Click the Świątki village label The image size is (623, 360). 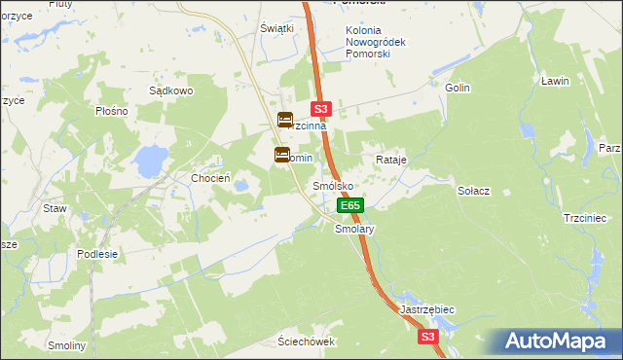[276, 28]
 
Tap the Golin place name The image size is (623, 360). [458, 88]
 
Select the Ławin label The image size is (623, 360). [555, 81]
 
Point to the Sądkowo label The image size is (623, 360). [171, 90]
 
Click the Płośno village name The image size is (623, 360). [112, 111]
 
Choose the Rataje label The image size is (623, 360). [390, 159]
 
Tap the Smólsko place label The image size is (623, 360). [331, 185]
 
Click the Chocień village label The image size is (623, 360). [210, 178]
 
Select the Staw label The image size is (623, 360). [54, 208]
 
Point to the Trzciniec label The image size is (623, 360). [585, 218]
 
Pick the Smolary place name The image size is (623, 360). [354, 230]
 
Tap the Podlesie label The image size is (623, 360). [97, 254]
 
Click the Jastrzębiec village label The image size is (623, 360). [427, 309]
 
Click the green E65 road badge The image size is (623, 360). [350, 205]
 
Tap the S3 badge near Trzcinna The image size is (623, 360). [322, 110]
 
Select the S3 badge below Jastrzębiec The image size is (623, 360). [428, 337]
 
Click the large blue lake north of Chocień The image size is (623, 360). [150, 161]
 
